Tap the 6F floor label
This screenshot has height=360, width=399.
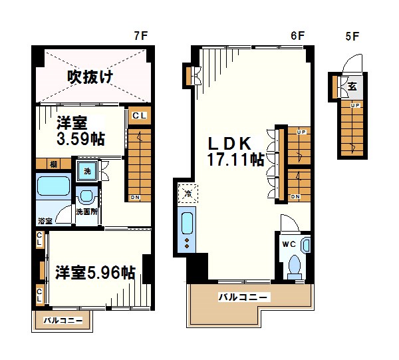(297, 36)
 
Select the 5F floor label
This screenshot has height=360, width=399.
(352, 36)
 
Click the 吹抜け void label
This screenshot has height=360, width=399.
(90, 77)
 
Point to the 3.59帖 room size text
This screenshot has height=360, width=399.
(79, 139)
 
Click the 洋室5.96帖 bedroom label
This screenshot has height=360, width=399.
(95, 272)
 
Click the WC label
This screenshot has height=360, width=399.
(289, 244)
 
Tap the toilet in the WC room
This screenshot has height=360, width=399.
(295, 265)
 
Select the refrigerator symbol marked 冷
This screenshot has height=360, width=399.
(187, 194)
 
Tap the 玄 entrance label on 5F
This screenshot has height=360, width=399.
(352, 86)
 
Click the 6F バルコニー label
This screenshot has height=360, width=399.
(243, 297)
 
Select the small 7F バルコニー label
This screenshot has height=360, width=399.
(63, 321)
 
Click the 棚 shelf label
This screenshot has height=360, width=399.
(51, 164)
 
